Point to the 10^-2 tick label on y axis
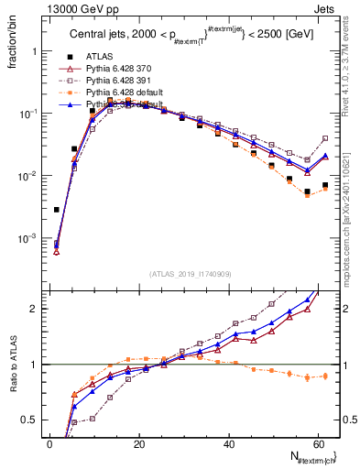tap(30, 176)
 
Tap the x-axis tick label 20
tap(139, 444)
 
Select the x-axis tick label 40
tap(229, 444)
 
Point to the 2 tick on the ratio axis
tap(38, 309)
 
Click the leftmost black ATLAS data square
tap(57, 210)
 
